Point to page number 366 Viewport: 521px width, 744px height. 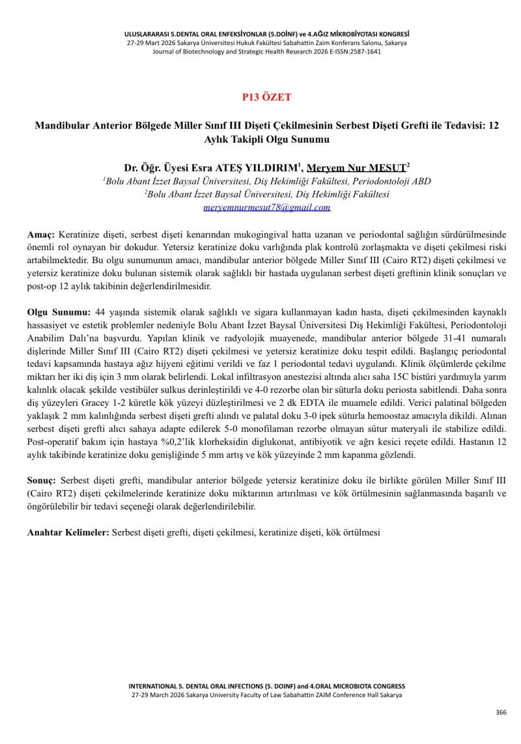(x=501, y=712)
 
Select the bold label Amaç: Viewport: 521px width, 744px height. (x=41, y=234)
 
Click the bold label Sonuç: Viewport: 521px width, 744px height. (x=42, y=480)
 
